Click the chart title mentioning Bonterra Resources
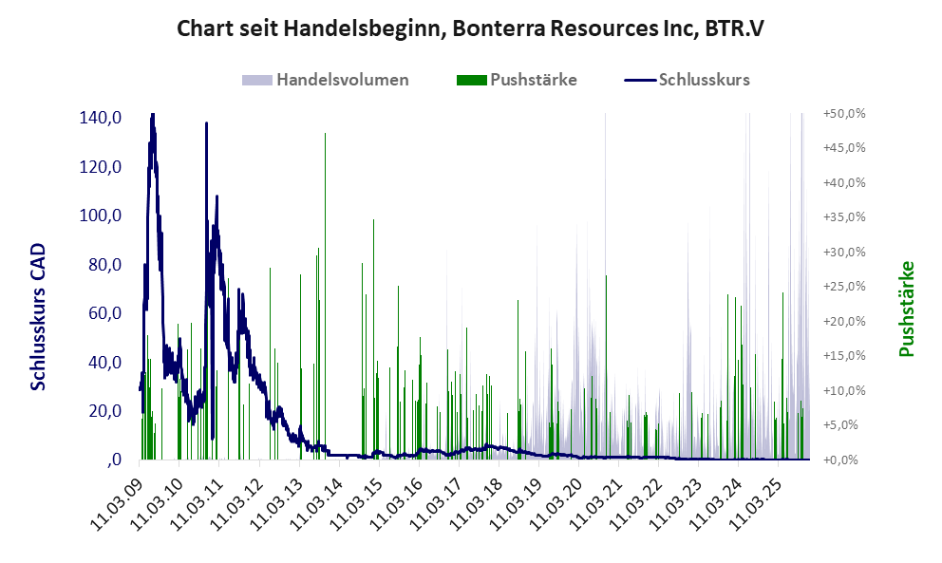471,28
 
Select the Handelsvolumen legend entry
342,80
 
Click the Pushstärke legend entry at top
533,80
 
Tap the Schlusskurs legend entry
704,80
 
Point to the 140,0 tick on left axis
101,118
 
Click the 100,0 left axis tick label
101,216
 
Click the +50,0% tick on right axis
844,113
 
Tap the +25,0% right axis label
844,286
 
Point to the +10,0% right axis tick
844,390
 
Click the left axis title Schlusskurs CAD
39,316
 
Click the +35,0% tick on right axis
844,216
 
